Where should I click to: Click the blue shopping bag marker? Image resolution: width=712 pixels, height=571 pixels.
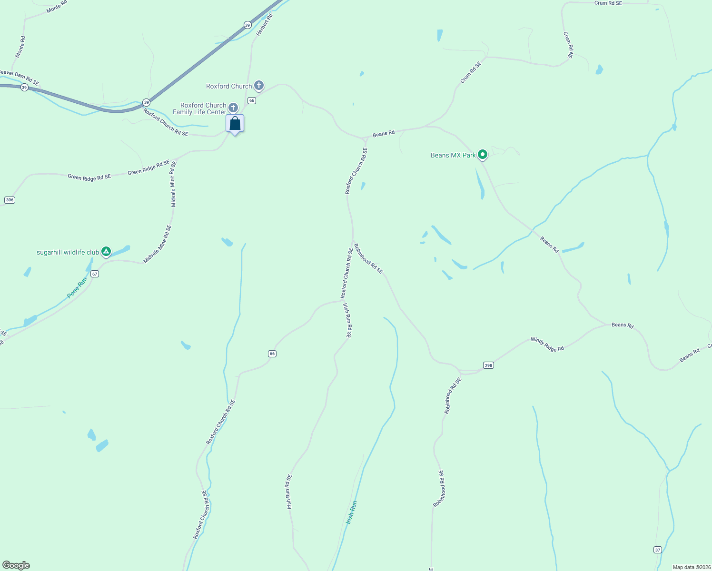[235, 124]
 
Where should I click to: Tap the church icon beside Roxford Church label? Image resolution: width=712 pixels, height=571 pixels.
[258, 86]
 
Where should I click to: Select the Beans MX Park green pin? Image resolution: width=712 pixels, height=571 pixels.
[483, 154]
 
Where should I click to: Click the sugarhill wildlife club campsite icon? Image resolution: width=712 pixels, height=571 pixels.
[106, 251]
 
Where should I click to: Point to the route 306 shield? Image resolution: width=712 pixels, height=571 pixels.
[10, 200]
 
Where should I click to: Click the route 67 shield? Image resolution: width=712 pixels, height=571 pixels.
[95, 274]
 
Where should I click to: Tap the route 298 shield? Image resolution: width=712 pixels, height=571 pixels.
[488, 365]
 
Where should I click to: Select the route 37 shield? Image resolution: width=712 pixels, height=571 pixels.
[657, 550]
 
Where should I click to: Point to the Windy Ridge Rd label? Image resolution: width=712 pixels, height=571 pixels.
[547, 345]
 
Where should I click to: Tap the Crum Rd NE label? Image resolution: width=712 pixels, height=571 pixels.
[568, 45]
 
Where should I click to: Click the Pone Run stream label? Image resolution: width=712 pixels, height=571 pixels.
[77, 288]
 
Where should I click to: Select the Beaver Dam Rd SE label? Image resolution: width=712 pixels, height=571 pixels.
[19, 77]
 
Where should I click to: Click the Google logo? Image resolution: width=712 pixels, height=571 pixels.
[16, 565]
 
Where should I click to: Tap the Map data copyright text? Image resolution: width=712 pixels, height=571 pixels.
[691, 567]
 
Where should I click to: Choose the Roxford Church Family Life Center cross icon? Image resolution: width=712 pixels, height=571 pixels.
[233, 108]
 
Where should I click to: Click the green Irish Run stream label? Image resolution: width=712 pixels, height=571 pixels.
[351, 512]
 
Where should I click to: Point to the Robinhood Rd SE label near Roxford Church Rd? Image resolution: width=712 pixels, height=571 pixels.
[368, 259]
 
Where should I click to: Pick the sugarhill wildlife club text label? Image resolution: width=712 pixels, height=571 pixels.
[68, 252]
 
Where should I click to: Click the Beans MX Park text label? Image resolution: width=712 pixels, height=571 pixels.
[453, 155]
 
